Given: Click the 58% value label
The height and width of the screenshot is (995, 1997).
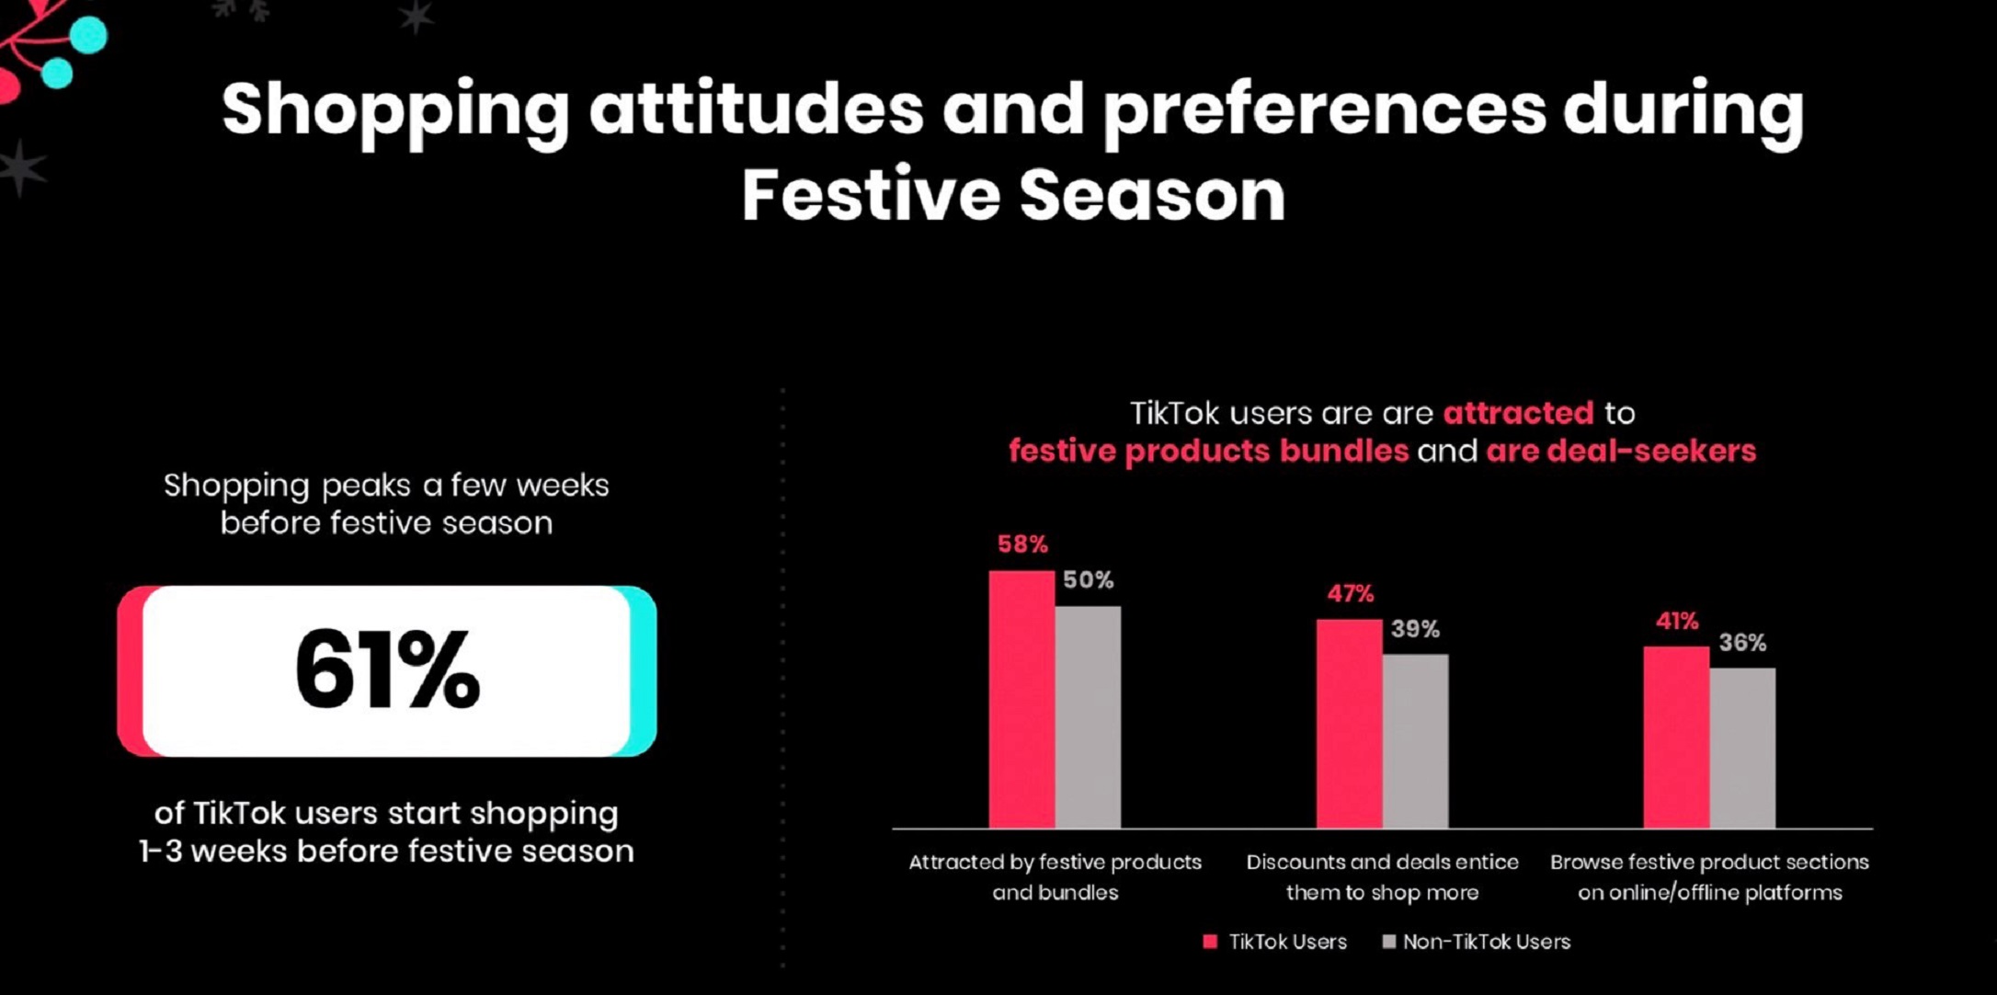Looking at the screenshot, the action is [x=1022, y=544].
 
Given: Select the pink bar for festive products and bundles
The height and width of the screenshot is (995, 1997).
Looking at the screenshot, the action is [x=1021, y=699].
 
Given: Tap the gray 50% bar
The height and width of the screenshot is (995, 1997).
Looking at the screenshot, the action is [x=1088, y=717].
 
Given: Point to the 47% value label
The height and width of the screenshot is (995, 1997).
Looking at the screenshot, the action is [x=1350, y=594].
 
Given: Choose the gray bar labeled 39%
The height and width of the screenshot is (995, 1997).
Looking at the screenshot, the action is [x=1415, y=741].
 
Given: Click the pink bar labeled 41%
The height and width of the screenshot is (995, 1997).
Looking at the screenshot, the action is [x=1676, y=737].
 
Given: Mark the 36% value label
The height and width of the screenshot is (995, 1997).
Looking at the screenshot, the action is [x=1742, y=643].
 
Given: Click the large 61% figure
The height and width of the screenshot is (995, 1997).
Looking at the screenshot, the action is [x=387, y=669].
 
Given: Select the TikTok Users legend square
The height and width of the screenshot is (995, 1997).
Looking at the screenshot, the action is [x=1210, y=942].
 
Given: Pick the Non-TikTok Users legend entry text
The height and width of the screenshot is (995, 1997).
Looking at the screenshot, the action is [x=1486, y=942].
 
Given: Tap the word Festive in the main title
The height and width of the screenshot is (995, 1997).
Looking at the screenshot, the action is [x=870, y=195].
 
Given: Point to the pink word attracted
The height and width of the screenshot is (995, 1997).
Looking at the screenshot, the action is [x=1518, y=413].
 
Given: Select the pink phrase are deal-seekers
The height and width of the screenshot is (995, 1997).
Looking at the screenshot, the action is [x=1621, y=451].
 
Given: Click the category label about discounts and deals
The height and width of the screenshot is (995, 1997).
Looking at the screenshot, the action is [x=1382, y=877].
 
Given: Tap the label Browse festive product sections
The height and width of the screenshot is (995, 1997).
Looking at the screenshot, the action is [x=1709, y=862].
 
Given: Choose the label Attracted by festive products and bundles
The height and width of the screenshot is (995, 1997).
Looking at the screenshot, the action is [x=1055, y=877].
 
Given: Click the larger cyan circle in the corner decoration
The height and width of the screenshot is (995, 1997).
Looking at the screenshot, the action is [x=88, y=35].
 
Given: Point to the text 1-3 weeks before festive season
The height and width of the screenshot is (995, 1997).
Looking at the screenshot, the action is [x=386, y=851].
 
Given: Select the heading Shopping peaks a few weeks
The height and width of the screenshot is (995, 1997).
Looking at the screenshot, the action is [x=386, y=485].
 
